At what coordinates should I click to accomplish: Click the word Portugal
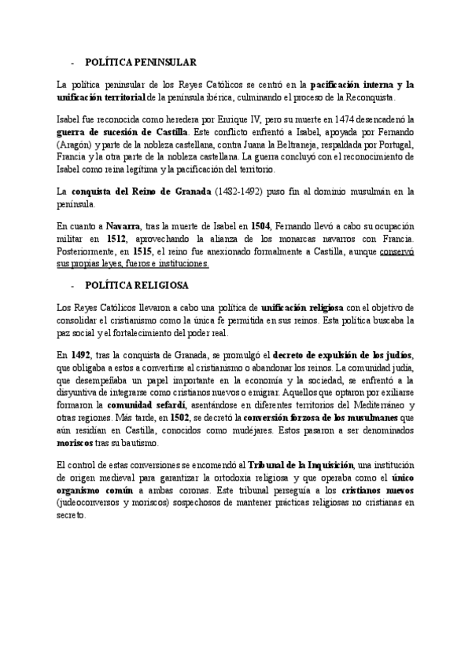[398, 145]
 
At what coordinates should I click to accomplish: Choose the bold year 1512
[115, 240]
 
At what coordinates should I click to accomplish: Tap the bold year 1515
[142, 251]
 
